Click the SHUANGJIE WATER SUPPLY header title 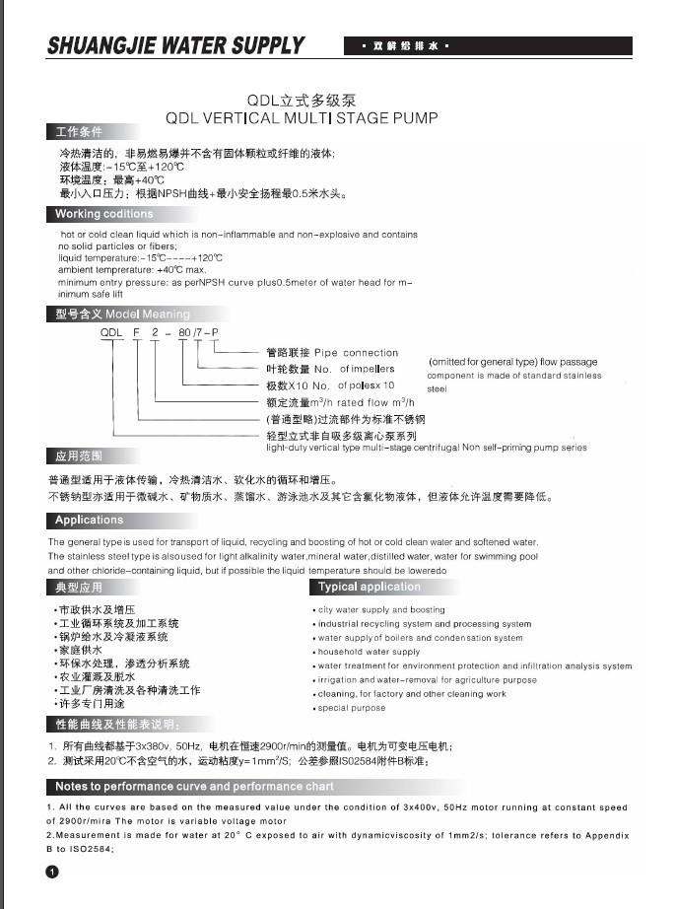176,46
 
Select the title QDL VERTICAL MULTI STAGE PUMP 301,118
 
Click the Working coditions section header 103,214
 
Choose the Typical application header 370,587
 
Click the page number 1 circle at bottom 52,872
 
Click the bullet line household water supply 370,652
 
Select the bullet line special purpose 352,708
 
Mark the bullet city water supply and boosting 380,609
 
